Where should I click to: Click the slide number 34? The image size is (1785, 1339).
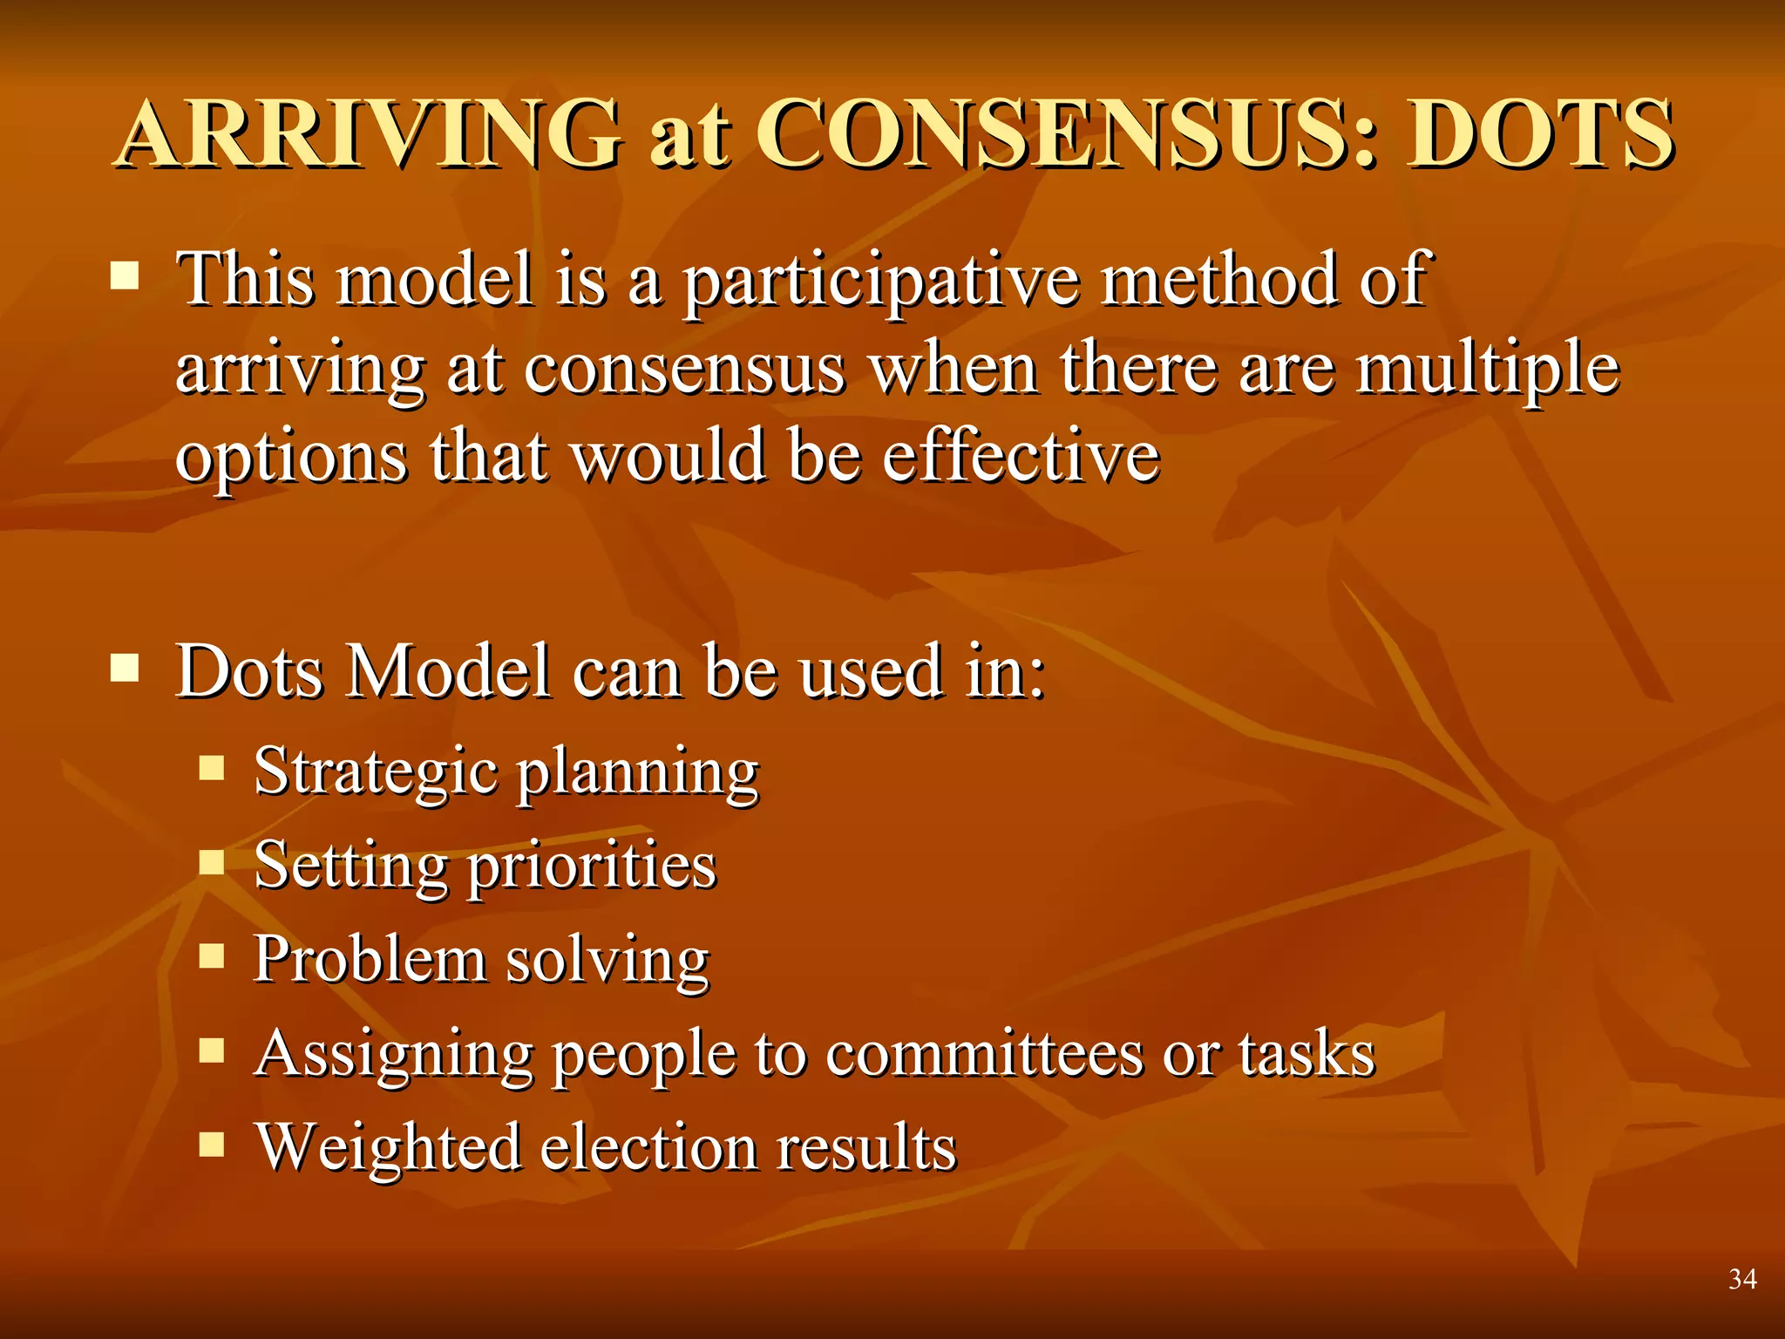click(1742, 1279)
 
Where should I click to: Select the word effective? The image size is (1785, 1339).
click(1021, 455)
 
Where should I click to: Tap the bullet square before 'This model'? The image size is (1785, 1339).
click(126, 276)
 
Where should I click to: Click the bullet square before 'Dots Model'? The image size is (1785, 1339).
click(126, 669)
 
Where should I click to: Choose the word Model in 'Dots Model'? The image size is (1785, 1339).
click(448, 671)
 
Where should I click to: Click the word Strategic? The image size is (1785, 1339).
click(376, 772)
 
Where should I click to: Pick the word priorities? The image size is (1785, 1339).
click(592, 867)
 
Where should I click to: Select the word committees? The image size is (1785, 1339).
click(984, 1053)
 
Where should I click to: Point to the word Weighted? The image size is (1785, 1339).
click(387, 1147)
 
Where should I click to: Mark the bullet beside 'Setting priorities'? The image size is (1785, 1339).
click(212, 862)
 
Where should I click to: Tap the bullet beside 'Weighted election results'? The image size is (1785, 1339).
click(212, 1143)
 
